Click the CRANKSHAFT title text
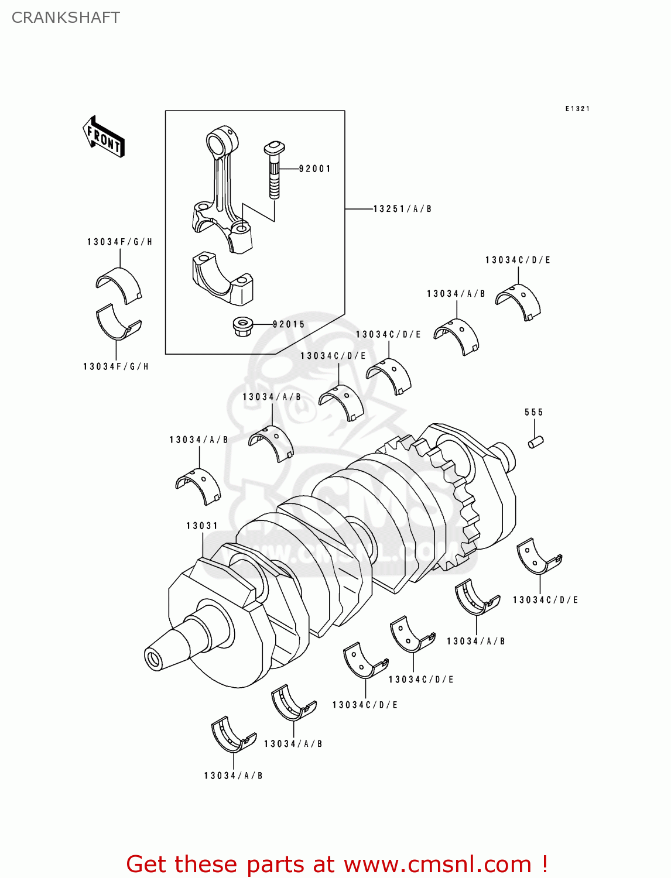(66, 18)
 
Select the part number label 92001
(314, 169)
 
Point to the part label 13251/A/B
(402, 209)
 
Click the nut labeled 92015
(241, 326)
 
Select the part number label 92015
(289, 324)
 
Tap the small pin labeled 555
(536, 442)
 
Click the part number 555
(533, 413)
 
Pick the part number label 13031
(202, 526)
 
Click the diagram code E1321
(577, 109)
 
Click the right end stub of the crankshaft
(504, 458)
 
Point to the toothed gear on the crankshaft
(451, 498)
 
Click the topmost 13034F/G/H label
(119, 242)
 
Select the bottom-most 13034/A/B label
(233, 776)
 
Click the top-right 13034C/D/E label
(518, 260)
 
